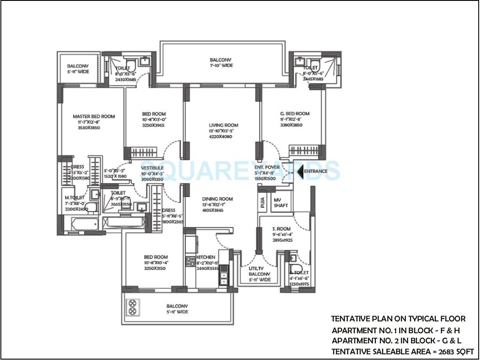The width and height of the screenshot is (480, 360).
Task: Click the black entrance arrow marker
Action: tap(300, 171)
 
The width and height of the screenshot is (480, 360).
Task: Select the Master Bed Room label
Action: tap(94, 116)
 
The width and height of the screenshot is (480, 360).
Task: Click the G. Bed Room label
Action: tap(294, 113)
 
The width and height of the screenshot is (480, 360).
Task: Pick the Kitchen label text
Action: tap(206, 257)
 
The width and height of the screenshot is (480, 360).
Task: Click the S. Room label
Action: tap(281, 229)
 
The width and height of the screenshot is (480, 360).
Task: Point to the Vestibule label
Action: tap(152, 168)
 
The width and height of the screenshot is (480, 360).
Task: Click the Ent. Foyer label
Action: tap(264, 167)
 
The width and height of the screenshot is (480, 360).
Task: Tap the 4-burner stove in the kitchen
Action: tap(190, 262)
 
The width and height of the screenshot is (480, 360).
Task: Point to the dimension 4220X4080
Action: tap(220, 137)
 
